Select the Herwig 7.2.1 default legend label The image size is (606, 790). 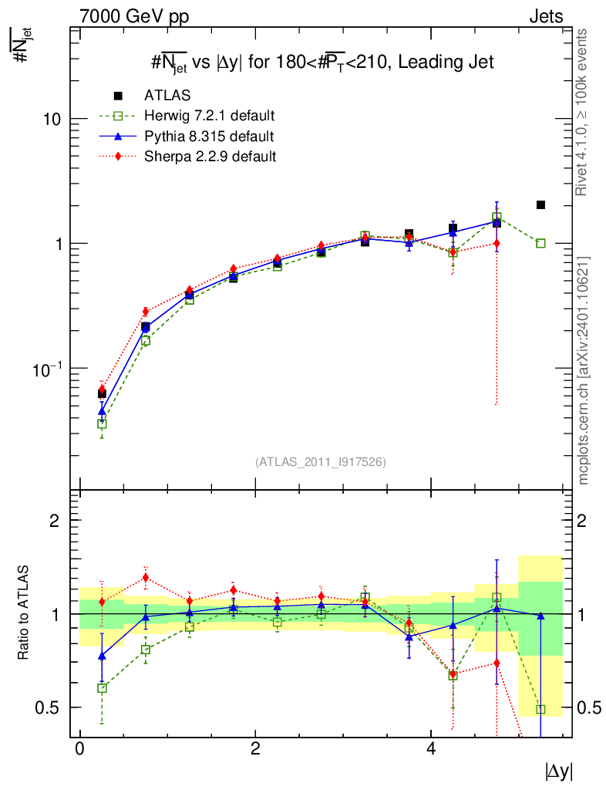tap(209, 116)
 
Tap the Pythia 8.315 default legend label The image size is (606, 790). tap(208, 137)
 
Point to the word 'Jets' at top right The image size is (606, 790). tap(546, 16)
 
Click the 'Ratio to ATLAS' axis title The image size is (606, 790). tap(24, 614)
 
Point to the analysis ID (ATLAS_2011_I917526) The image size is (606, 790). tap(321, 461)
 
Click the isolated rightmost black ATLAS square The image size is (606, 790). tap(540, 204)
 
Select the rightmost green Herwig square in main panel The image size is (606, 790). tap(540, 243)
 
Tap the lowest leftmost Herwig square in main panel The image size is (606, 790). tap(102, 424)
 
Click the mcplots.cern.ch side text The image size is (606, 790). tap(584, 370)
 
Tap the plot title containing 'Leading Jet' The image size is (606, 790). tap(322, 62)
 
